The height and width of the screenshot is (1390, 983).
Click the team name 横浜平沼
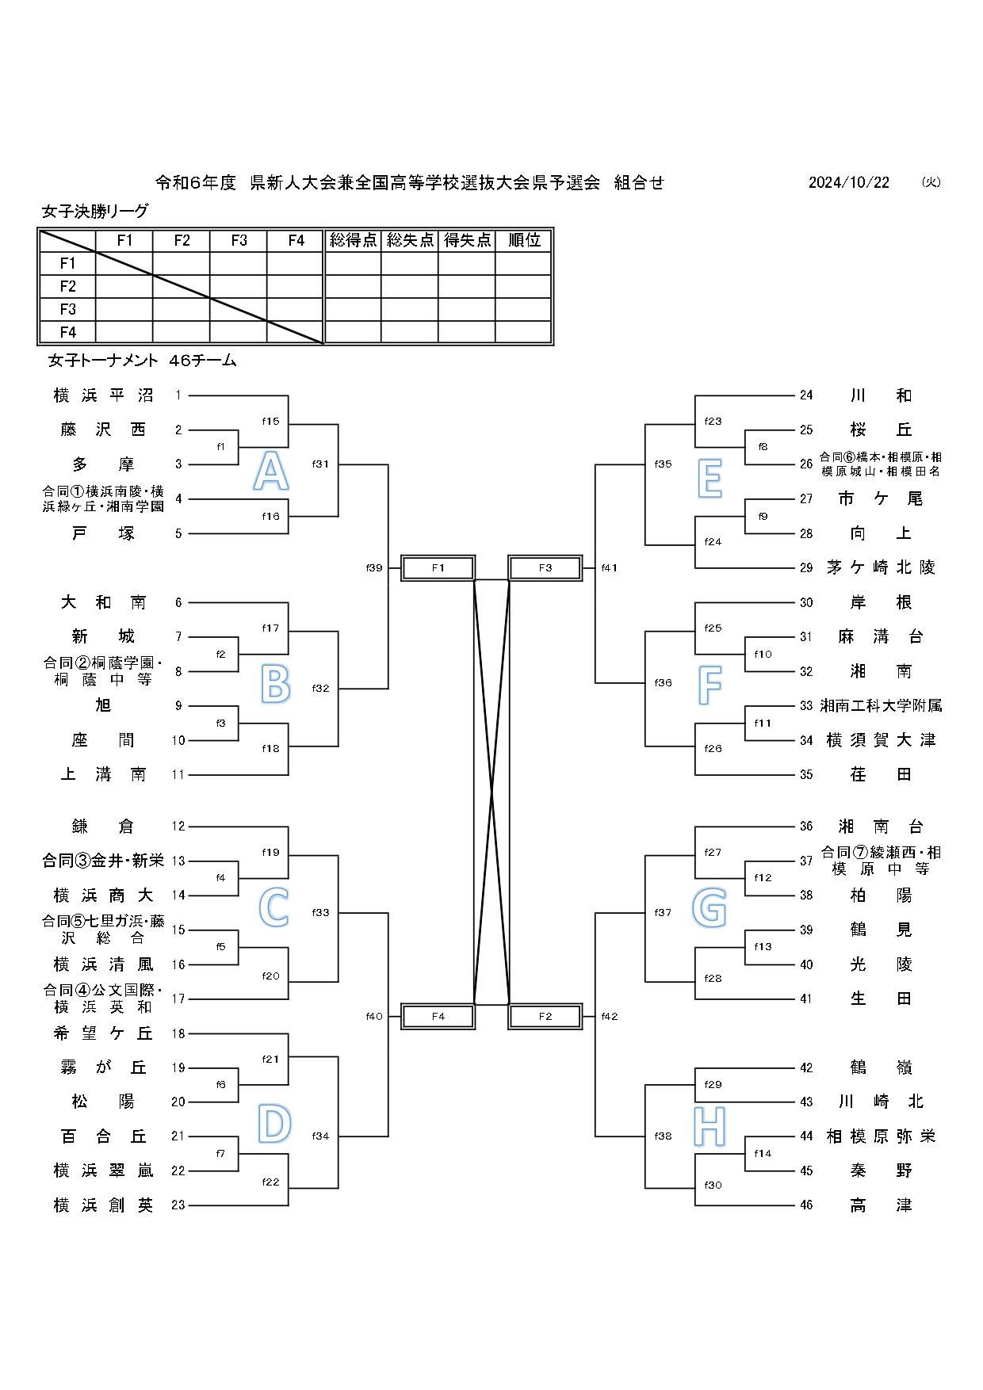pos(103,395)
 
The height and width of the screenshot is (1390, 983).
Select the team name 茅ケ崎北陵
pos(881,567)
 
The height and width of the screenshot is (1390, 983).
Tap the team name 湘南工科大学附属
pos(881,705)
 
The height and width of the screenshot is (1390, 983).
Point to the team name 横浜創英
pos(103,1205)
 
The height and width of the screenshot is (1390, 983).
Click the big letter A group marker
pos(270,472)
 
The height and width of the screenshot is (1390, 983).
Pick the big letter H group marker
pos(710,1126)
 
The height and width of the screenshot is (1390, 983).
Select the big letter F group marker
pos(710,685)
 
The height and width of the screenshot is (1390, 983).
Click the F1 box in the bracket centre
pos(438,568)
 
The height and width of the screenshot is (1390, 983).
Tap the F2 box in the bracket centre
pos(545,1017)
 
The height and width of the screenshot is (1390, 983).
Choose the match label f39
pos(374,568)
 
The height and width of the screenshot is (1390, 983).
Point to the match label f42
pos(609,1017)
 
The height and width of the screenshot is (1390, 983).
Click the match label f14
pos(763,1154)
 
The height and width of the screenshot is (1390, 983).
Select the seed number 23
pos(178,1205)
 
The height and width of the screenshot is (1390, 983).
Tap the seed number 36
pos(806,827)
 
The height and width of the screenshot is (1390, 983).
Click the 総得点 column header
pos(353,240)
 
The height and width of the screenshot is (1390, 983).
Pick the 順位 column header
pos(523,240)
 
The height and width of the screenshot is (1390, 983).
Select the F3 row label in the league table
pos(68,309)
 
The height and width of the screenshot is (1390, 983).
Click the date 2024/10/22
pos(848,183)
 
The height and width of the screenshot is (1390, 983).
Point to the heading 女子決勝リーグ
pos(95,212)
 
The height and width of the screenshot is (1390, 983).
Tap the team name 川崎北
pos(881,1102)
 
